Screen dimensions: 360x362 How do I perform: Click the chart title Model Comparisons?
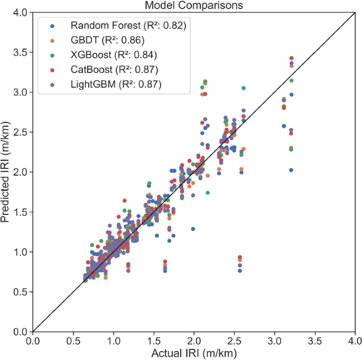(193, 5)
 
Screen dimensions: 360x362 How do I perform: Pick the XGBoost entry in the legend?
(114, 55)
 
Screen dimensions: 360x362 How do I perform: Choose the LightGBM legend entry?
(116, 84)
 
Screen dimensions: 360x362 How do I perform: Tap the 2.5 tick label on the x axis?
(234, 341)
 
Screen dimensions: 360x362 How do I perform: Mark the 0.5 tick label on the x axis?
(73, 341)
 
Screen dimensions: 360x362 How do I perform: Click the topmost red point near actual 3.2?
(291, 58)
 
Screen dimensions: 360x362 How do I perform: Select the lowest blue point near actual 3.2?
(291, 170)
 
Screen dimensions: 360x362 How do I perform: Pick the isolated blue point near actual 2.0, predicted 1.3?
(193, 229)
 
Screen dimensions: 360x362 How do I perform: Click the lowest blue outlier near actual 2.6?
(240, 270)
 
